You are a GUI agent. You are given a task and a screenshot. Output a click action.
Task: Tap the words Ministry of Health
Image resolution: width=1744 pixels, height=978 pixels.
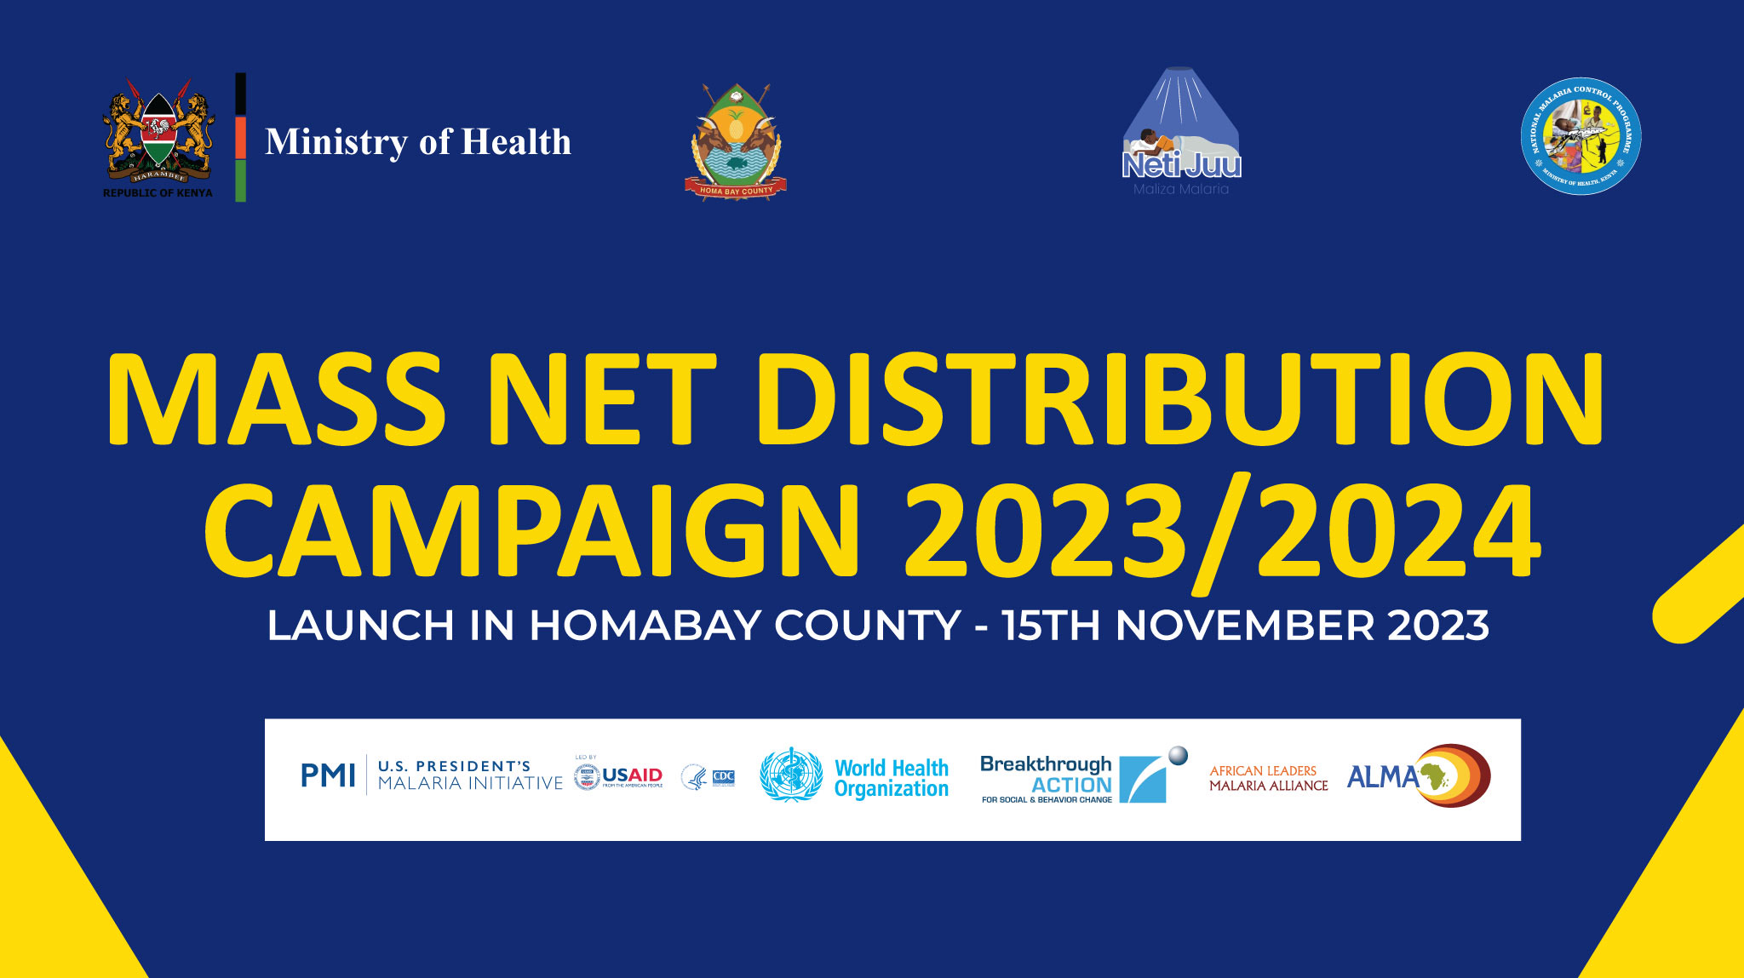click(x=417, y=142)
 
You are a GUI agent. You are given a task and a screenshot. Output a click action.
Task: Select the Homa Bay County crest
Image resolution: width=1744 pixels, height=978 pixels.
click(x=736, y=142)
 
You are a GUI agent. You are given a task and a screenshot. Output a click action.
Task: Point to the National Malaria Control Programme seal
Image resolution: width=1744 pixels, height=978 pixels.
click(x=1580, y=136)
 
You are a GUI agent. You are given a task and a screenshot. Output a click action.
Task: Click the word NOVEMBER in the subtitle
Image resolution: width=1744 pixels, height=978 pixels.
click(x=1245, y=626)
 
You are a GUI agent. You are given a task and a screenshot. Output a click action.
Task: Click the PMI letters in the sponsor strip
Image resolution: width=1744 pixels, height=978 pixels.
click(x=328, y=775)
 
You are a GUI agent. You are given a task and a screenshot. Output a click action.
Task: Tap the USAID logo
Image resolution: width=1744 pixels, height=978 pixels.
click(x=619, y=776)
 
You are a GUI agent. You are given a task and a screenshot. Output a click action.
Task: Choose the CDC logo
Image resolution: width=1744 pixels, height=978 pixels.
click(x=723, y=777)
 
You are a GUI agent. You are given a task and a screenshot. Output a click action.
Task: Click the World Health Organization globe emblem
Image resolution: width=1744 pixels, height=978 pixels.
click(x=791, y=775)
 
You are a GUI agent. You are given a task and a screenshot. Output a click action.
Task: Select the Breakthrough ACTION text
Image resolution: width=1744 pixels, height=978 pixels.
click(x=1047, y=775)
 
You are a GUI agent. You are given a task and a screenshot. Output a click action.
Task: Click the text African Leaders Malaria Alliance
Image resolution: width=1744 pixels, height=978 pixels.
click(x=1268, y=778)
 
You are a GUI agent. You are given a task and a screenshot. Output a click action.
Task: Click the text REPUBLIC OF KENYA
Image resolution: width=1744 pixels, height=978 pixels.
click(x=158, y=193)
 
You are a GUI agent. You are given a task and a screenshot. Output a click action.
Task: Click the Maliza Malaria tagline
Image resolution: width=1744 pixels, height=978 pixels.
click(x=1181, y=189)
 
